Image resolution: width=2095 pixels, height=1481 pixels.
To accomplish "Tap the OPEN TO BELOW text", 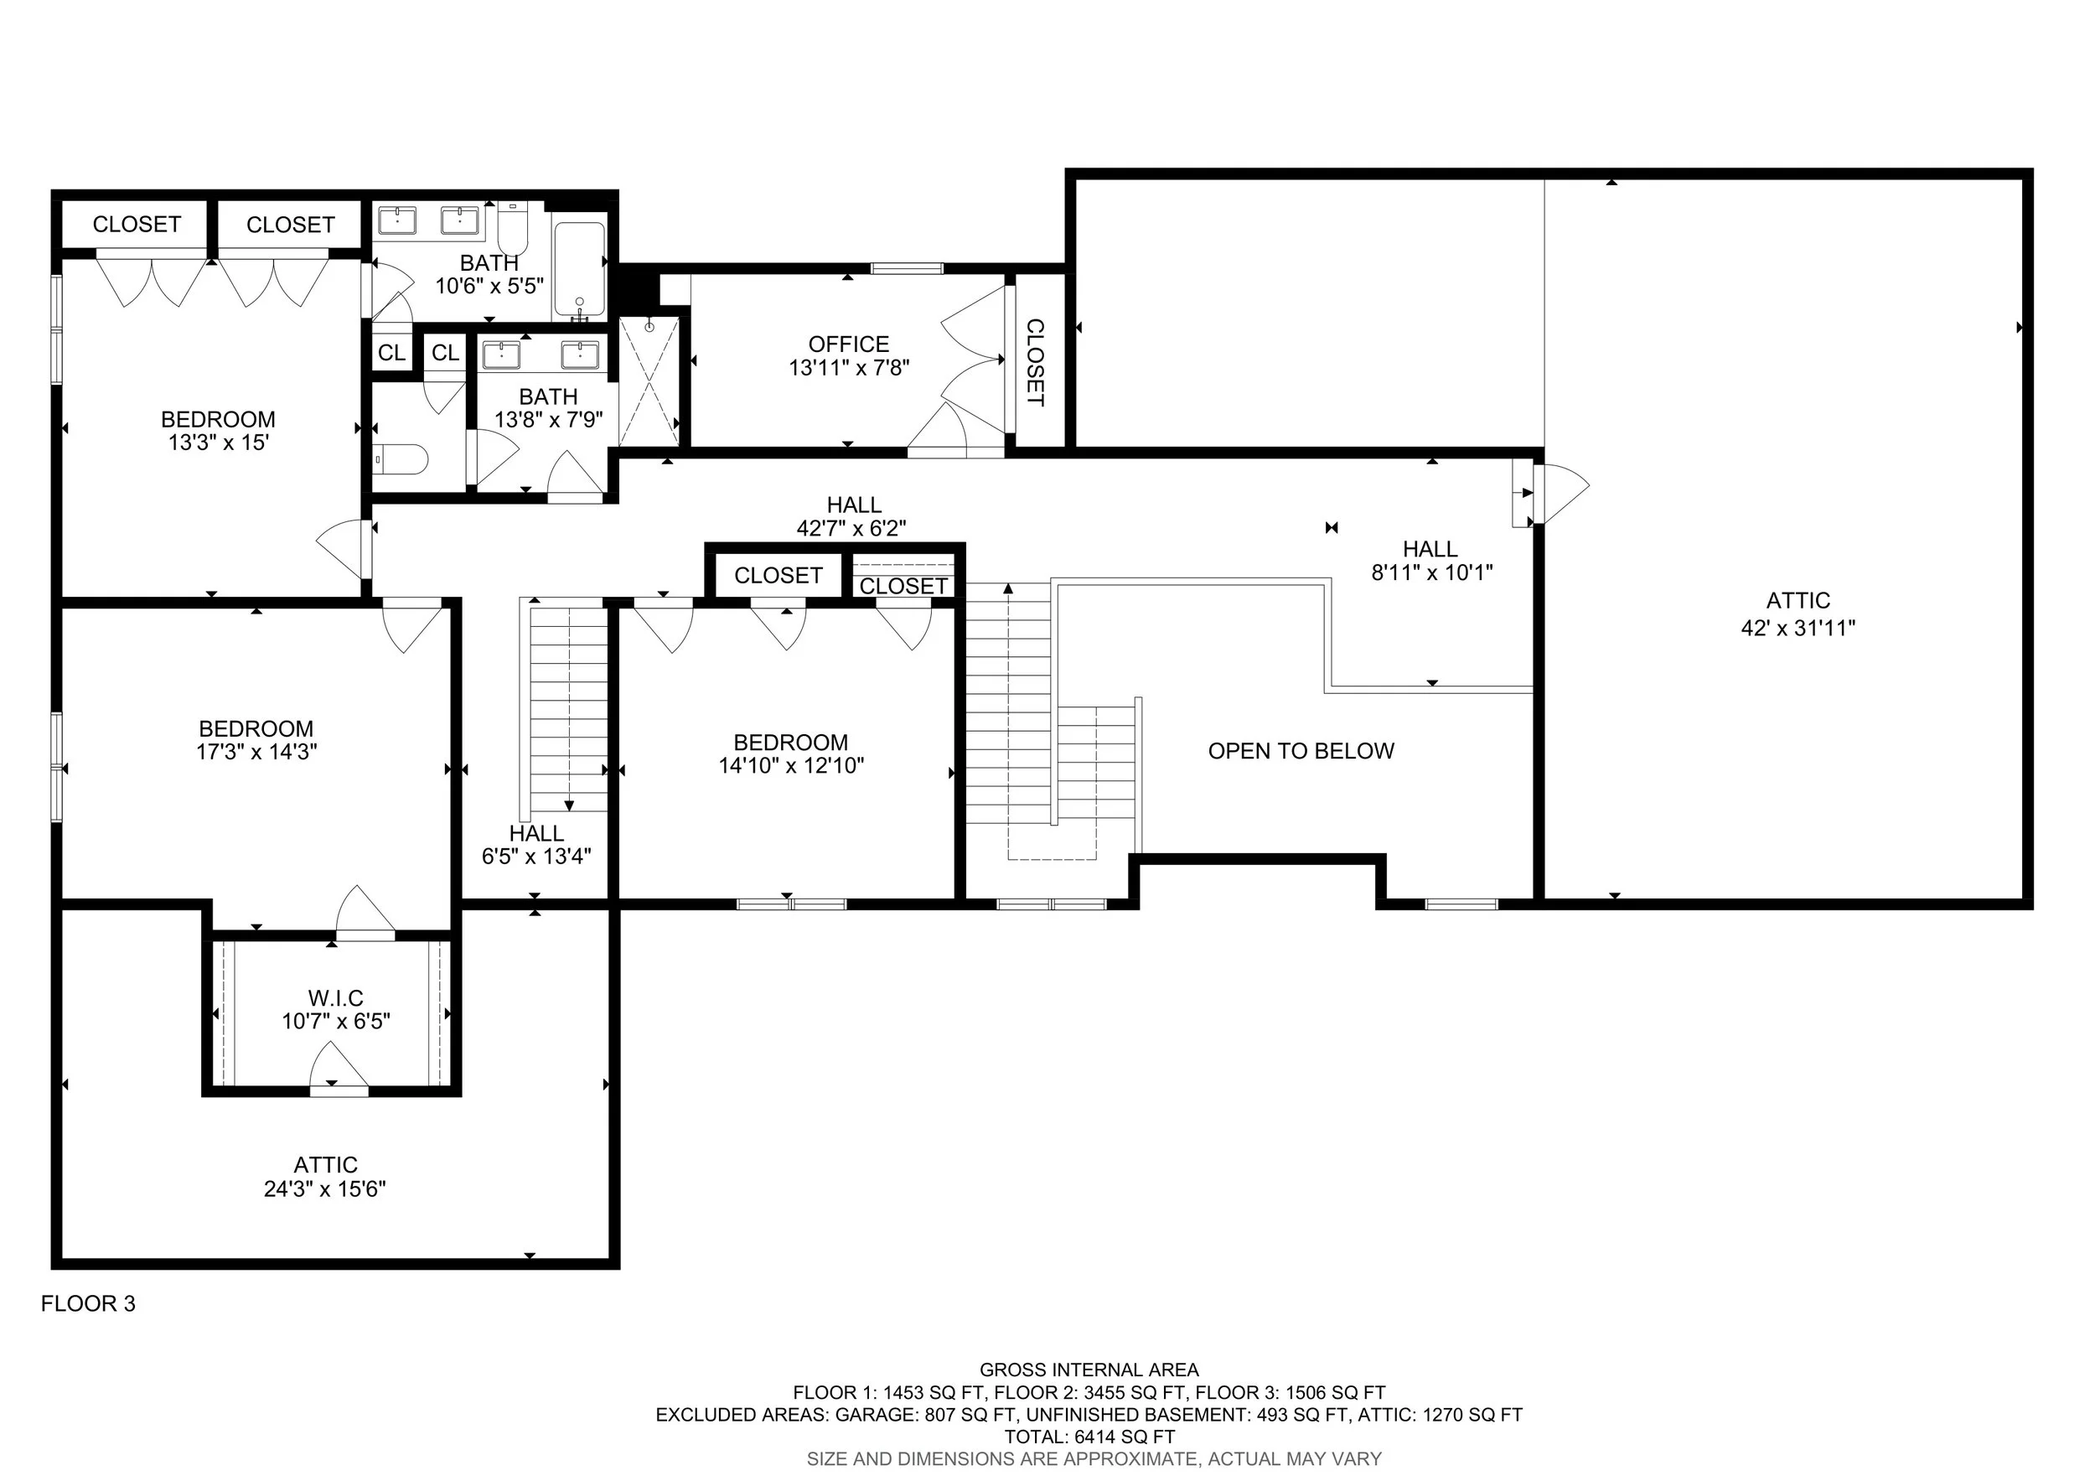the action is coord(1301,751).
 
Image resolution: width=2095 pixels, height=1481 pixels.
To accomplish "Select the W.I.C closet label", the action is coord(336,998).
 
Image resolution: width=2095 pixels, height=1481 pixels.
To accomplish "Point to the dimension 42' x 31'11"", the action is coord(1798,628).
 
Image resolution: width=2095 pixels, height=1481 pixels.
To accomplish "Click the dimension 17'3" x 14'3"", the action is coord(256,752).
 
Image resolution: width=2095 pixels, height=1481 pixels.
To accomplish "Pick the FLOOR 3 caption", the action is coord(89,1304).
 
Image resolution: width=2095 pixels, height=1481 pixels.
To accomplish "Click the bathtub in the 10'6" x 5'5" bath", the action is coord(579,271).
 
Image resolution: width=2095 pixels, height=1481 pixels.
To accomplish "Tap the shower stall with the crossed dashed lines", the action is coord(649,381).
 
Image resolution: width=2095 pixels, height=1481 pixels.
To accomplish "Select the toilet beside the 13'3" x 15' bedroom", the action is coord(401,460).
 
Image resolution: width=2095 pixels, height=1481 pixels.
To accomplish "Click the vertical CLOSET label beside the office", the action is coord(1036,362).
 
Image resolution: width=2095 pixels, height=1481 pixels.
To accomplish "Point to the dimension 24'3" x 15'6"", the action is coord(326,1189).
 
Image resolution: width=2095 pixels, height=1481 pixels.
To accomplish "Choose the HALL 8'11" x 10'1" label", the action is coord(1430,560).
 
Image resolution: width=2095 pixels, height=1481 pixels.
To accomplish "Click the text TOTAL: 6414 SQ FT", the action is coord(1089,1437).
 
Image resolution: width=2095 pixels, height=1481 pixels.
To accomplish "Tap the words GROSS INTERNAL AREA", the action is coord(1089,1370).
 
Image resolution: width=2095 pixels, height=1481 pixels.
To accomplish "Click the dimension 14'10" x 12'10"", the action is coord(791,765).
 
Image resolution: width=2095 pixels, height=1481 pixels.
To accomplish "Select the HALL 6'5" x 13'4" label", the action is coord(536,844).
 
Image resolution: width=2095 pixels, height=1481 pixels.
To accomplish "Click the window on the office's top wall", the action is coord(907,268).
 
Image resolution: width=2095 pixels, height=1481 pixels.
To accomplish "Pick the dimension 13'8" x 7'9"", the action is coord(548,420).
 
